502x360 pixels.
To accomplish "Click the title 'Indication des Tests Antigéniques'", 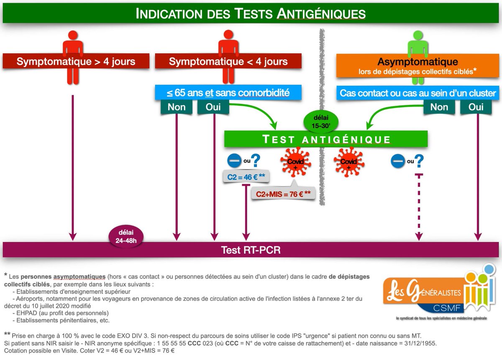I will pyautogui.click(x=251, y=13).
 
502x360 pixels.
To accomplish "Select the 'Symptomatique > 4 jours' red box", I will pyautogui.click(x=76, y=61).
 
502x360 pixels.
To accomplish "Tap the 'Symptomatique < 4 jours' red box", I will pyautogui.click(x=228, y=61).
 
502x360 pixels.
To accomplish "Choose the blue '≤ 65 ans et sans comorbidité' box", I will pyautogui.click(x=228, y=92).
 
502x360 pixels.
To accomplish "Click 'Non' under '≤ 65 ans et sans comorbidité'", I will pyautogui.click(x=177, y=107).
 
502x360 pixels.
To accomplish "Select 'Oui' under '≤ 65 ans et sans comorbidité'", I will pyautogui.click(x=213, y=107).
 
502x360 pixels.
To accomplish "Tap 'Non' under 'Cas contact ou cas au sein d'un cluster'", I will pyautogui.click(x=439, y=107).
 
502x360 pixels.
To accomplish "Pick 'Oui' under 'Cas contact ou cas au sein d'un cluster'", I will pyautogui.click(x=476, y=107).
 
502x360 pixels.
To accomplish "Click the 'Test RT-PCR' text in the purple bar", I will pyautogui.click(x=251, y=250).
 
